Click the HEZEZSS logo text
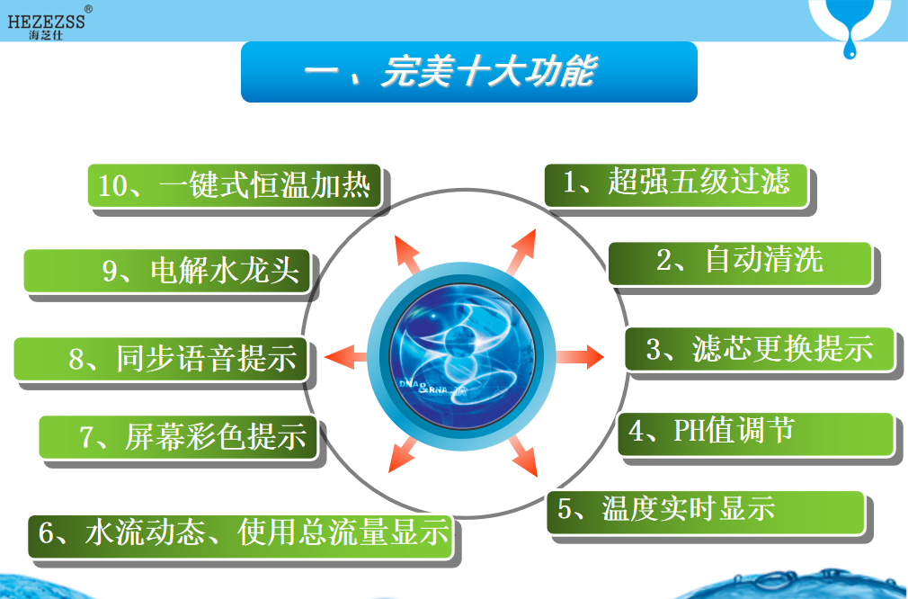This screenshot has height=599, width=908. [47, 22]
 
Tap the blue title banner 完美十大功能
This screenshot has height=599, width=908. [469, 72]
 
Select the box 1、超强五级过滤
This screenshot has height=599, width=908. [676, 185]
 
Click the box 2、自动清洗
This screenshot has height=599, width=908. [740, 264]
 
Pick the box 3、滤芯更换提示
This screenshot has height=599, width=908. [760, 349]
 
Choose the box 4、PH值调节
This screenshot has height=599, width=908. [756, 434]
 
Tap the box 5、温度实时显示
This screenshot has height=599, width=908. [706, 513]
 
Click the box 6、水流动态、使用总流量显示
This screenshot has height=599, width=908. [241, 537]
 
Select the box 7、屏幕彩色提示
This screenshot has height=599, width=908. [178, 437]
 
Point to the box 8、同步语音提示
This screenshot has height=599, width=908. [160, 359]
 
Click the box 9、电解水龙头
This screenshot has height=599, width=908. [167, 271]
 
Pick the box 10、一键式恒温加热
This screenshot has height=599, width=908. [235, 185]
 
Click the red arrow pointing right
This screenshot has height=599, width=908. [580, 356]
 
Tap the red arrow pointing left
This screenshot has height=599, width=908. [345, 356]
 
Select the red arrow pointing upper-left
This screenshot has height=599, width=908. [407, 254]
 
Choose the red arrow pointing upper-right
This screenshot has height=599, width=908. [521, 251]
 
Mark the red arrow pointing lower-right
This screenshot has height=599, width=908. [523, 457]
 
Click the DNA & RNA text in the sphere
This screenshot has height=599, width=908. [424, 387]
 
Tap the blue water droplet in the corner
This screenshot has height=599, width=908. [850, 41]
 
